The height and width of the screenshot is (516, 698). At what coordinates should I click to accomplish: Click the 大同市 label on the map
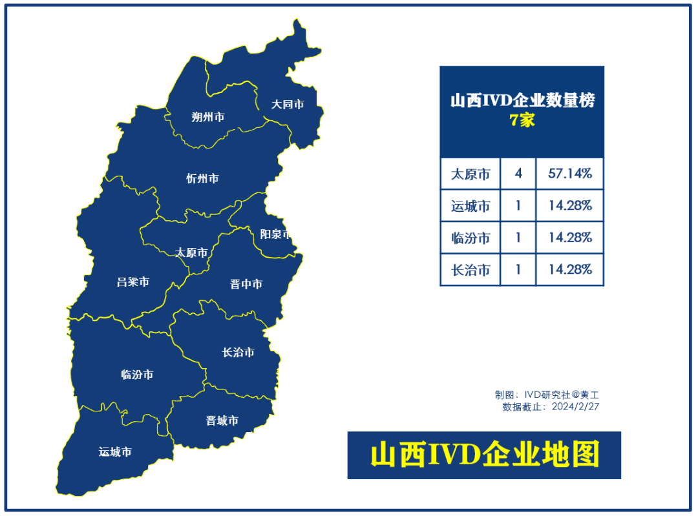tap(287, 103)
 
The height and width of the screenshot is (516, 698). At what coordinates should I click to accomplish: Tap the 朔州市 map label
tap(208, 117)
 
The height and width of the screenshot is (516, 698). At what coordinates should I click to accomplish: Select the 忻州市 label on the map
tap(202, 178)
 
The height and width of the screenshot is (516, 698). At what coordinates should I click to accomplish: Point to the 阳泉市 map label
tap(275, 234)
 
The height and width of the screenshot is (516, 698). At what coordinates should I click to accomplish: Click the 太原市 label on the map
tap(192, 253)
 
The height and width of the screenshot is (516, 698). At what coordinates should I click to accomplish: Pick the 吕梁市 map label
tap(133, 282)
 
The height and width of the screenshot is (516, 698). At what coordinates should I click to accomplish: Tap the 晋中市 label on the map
tap(246, 284)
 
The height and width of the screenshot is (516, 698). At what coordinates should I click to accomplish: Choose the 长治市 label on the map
tap(238, 352)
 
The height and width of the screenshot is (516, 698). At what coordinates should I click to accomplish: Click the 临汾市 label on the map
tap(137, 375)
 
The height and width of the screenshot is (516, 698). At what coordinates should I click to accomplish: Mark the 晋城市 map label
tap(222, 420)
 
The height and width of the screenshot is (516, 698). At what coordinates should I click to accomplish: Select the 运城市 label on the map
tap(115, 451)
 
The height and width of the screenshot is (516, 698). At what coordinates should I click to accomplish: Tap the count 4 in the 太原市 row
tap(518, 174)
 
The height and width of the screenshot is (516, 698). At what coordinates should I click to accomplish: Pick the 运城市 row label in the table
tap(471, 206)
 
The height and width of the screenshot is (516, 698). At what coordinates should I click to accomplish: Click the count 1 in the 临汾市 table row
tap(518, 238)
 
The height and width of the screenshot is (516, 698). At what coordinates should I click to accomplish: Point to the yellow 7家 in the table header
tap(522, 120)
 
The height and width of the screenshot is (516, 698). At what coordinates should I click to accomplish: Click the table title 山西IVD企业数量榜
tap(522, 101)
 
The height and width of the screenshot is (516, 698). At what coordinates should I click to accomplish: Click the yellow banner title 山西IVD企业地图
tap(484, 455)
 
